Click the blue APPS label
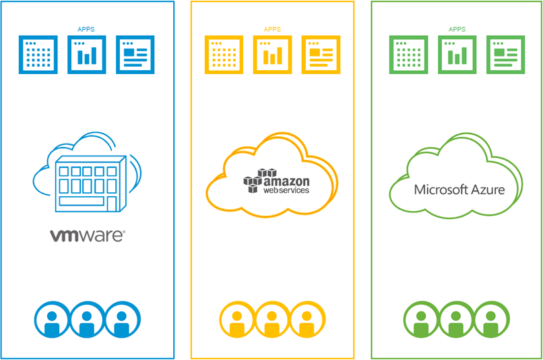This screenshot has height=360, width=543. [x=87, y=30]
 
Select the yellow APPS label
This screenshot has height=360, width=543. [x=272, y=30]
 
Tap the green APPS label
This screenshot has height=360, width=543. [x=457, y=30]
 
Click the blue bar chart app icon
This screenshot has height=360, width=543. [x=87, y=55]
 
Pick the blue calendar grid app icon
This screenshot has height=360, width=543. [x=38, y=55]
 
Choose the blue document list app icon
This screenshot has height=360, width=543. [x=135, y=55]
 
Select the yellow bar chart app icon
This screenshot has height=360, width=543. [x=272, y=55]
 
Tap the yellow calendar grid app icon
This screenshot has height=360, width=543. [x=223, y=55]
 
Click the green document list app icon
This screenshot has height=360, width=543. [x=507, y=55]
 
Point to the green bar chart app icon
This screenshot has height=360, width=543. [x=457, y=55]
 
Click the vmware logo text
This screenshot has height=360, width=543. [x=87, y=235]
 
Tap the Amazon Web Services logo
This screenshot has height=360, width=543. [x=276, y=182]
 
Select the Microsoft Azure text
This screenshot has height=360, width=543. [x=459, y=189]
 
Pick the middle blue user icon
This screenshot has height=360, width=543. [x=87, y=320]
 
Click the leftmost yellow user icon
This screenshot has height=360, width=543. [x=237, y=320]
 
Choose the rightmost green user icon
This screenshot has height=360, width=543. [x=492, y=320]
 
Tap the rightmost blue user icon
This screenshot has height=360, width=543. [x=122, y=320]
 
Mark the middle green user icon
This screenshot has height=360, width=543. [x=457, y=320]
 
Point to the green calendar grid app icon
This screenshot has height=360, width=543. [x=408, y=55]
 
